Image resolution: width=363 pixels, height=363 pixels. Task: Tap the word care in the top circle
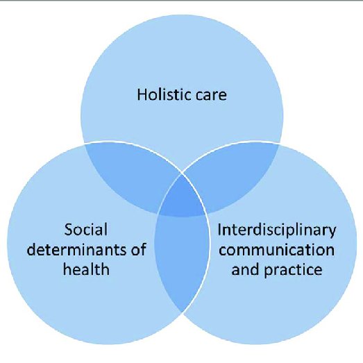coord(211,96)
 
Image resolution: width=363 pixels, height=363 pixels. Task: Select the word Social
coord(85,230)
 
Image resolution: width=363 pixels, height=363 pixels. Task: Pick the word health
coord(86,269)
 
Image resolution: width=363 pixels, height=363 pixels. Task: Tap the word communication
coord(277,250)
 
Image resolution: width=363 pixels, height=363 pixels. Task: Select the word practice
coord(293,271)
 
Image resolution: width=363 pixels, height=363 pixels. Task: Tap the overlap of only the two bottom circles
coord(182,260)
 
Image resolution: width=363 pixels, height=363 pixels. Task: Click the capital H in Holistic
coord(142,94)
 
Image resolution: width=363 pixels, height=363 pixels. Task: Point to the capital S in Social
coord(69,230)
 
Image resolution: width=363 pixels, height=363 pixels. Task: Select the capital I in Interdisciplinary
coord(219,230)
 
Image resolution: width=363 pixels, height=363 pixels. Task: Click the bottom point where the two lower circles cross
coord(182,312)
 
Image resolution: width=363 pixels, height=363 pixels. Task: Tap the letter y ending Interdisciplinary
coord(332,233)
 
